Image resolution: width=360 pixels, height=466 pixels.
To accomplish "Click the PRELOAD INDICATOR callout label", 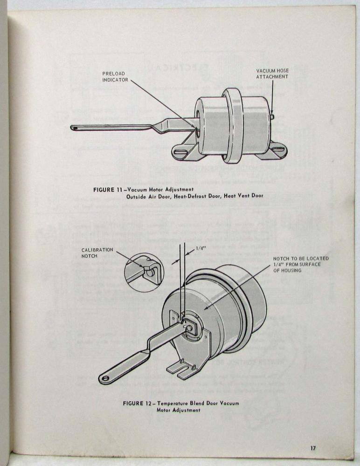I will pyautogui.click(x=115, y=77).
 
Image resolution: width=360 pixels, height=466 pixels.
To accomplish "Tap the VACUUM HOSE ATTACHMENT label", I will pyautogui.click(x=272, y=74).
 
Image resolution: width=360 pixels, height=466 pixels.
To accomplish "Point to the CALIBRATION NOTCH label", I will pyautogui.click(x=97, y=253).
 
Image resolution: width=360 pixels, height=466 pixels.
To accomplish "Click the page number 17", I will pyautogui.click(x=312, y=448).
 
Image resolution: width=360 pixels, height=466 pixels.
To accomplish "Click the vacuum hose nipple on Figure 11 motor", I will pyautogui.click(x=272, y=117).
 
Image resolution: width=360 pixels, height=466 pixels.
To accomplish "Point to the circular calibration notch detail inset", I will pyautogui.click(x=144, y=272).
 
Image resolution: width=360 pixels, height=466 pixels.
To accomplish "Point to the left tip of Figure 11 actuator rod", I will pyautogui.click(x=74, y=127).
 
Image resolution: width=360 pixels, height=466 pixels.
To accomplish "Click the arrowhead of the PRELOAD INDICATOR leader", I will pyautogui.click(x=198, y=126).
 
